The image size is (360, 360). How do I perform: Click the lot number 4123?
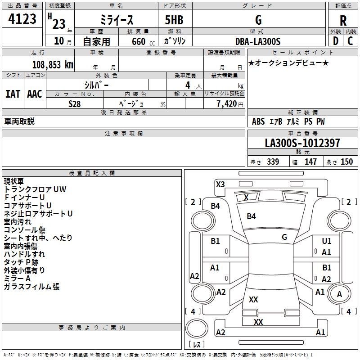pos(22,19)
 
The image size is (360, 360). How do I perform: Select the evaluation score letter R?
pos(343,20)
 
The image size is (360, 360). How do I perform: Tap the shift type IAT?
pos(13,94)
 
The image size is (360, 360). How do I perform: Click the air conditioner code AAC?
pos(35,94)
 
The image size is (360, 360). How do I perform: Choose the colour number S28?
pos(75,103)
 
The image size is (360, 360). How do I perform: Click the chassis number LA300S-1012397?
pos(302,144)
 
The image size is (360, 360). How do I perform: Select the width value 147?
pos(310,162)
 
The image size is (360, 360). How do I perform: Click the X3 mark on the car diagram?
pos(220,184)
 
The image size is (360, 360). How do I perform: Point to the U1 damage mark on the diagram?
pos(326,241)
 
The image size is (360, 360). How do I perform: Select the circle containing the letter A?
pos(340,294)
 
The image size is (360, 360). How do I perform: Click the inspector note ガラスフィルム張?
pos(31,287)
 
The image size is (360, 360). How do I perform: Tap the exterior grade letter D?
pos(335,41)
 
